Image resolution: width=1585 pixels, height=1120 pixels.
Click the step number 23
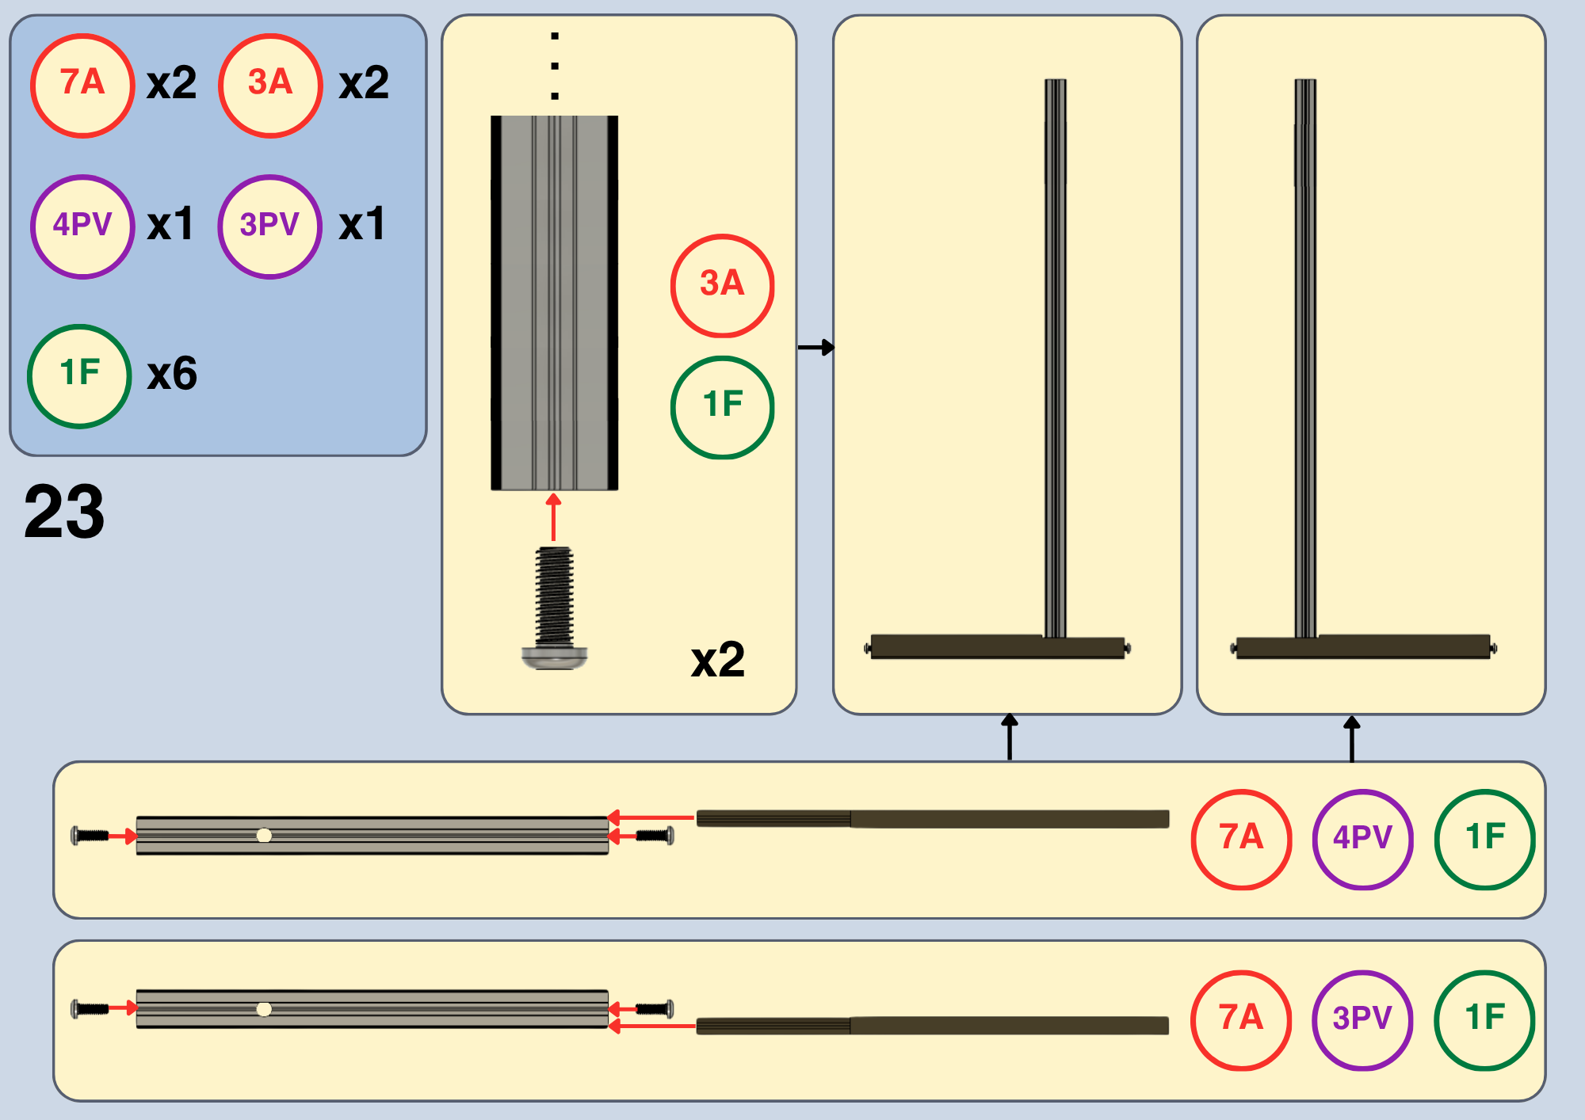64,512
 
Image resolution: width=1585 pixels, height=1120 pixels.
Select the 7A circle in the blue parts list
82,86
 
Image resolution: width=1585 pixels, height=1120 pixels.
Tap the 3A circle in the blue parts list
270,86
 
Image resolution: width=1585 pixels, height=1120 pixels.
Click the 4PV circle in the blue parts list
82,227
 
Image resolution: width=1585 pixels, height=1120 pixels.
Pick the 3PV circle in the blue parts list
270,227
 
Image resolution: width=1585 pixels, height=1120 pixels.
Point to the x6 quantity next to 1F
172,374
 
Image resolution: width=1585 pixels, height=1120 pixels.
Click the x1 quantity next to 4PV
170,224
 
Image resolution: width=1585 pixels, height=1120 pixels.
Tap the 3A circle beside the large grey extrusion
722,285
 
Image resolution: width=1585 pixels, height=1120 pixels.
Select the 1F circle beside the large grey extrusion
722,407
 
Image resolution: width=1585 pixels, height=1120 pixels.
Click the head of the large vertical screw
555,657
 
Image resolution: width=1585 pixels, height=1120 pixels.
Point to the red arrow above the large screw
553,517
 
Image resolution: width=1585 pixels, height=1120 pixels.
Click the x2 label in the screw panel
718,659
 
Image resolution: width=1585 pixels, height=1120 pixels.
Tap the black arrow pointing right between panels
815,347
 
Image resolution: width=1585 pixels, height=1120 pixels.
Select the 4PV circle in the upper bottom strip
1363,839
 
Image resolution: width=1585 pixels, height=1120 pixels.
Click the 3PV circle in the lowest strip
1363,1020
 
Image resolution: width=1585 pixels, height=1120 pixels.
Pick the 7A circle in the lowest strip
1241,1020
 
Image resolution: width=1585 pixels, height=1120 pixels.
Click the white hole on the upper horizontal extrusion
264,835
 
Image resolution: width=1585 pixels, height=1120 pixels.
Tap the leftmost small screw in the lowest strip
90,1008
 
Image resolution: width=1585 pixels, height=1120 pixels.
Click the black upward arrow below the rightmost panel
1352,738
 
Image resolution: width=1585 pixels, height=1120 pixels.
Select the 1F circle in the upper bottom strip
1485,839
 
